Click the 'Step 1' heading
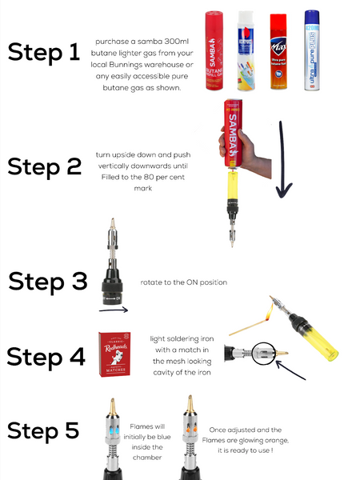(44, 52)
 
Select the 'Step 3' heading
(46, 282)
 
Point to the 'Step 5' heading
(44, 430)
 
